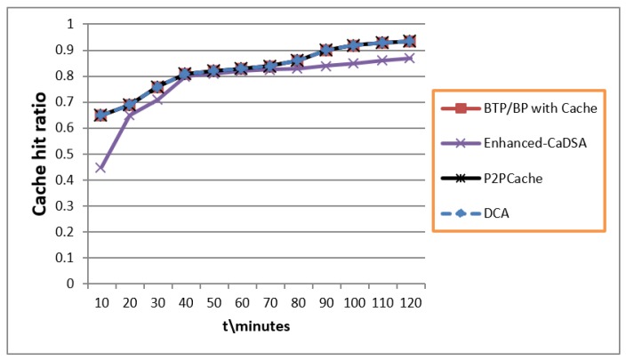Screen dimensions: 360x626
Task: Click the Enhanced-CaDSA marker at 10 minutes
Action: [100, 167]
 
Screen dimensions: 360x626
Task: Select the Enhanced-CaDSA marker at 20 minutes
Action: [129, 116]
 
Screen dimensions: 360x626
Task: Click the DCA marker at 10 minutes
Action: [100, 116]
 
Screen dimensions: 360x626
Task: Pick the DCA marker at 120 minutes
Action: [409, 41]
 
